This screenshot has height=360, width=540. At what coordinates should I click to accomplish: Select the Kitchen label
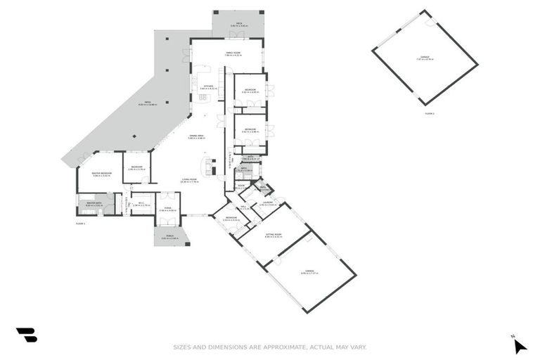[208, 87]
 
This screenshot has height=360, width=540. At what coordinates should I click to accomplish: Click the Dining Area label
[196, 136]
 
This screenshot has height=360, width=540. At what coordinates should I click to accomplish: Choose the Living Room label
[190, 181]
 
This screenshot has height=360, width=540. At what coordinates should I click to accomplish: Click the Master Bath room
[94, 205]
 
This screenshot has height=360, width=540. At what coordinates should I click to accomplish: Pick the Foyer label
[167, 210]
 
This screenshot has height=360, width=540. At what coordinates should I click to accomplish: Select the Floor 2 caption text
[430, 113]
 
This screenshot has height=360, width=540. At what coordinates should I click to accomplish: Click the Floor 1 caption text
[80, 223]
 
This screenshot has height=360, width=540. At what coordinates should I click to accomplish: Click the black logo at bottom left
[26, 335]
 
